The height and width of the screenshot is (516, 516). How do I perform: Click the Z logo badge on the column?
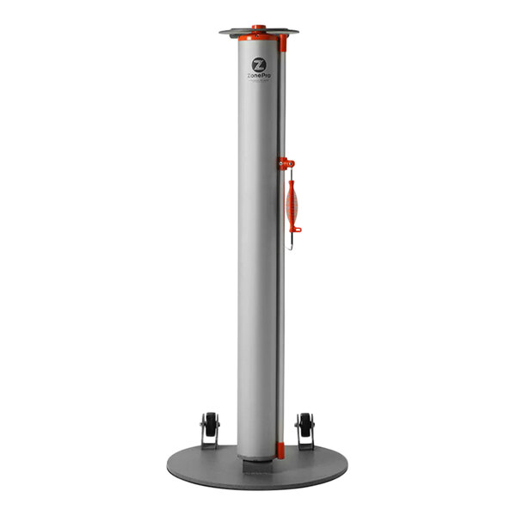pos(258,64)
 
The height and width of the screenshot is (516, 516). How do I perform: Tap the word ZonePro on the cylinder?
pos(258,77)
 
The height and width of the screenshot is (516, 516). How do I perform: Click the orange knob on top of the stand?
pos(258,28)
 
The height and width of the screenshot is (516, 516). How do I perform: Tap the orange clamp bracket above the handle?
pos(286,163)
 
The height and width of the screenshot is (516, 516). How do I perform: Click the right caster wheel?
pos(304,425)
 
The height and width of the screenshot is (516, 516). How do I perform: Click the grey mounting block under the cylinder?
pos(257,464)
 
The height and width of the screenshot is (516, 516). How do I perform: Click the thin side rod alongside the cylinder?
pos(281,301)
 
